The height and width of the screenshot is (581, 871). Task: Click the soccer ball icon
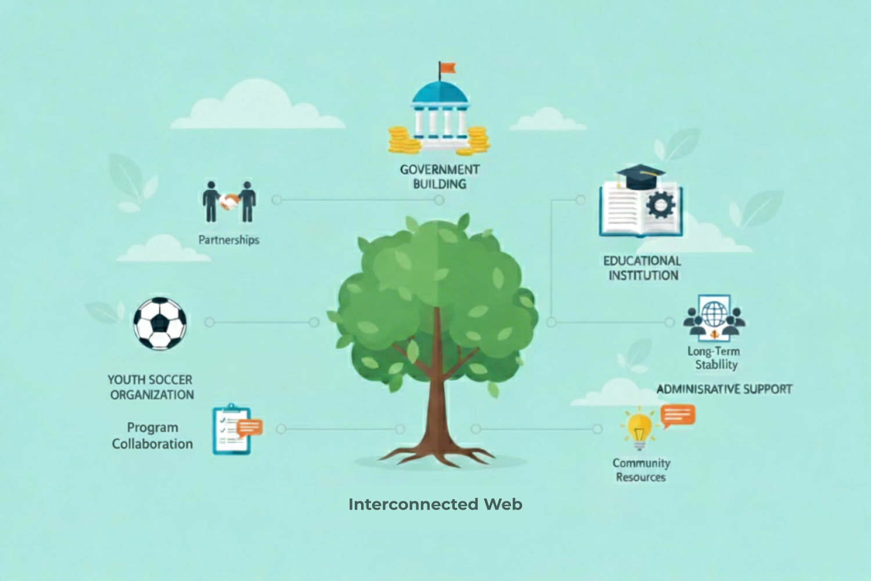(160, 324)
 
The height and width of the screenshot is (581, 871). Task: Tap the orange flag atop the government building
(448, 68)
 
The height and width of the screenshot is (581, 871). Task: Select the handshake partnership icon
(229, 202)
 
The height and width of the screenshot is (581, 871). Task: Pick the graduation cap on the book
(640, 175)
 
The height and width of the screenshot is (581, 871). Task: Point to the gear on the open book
(660, 205)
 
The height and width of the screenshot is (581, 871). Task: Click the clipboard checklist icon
(232, 430)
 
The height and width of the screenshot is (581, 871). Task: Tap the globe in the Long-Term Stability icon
(714, 314)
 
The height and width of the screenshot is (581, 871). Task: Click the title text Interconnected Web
(435, 504)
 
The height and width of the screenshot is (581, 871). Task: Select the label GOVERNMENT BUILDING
(440, 177)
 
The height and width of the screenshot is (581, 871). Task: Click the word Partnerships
(229, 239)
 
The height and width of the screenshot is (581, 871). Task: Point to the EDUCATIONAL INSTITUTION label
(642, 268)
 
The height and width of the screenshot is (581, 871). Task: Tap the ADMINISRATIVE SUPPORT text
(724, 389)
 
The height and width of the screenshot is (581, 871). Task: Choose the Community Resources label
(641, 470)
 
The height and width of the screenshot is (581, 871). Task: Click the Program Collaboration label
(152, 436)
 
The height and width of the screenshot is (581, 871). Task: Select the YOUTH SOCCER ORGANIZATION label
(151, 387)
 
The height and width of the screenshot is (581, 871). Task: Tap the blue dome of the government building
(439, 93)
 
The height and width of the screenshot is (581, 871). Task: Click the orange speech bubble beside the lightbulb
(678, 415)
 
